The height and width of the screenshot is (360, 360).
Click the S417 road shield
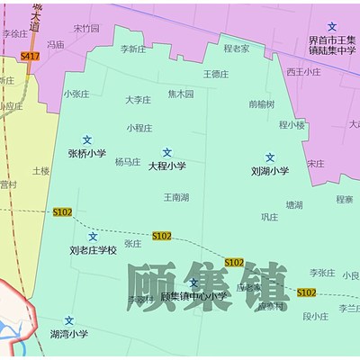(30, 56)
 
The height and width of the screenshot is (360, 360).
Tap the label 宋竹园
(86, 28)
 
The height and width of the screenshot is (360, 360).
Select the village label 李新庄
(132, 49)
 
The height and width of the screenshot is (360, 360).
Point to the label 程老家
(237, 49)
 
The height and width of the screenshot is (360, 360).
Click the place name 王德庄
(216, 74)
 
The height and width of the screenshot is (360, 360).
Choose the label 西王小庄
(303, 71)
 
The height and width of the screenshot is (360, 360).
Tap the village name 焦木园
(180, 94)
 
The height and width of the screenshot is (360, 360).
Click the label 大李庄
(138, 100)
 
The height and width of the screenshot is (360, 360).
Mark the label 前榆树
(262, 103)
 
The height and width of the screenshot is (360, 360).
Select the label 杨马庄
(128, 162)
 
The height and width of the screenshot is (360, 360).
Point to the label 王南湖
(176, 196)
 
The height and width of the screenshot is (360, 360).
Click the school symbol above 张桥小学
(87, 139)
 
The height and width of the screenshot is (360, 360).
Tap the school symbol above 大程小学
(166, 152)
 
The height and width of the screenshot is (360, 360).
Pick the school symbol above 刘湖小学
(270, 157)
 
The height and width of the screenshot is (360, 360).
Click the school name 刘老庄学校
(94, 249)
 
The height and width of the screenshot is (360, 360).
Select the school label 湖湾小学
(69, 334)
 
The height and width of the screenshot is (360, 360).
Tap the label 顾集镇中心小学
(193, 296)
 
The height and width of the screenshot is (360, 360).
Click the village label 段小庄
(315, 316)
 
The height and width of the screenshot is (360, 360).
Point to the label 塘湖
(294, 205)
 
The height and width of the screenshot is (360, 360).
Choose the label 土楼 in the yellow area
(40, 170)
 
